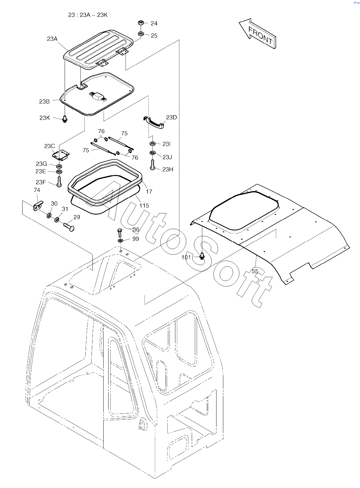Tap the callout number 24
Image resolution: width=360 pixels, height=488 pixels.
tap(154, 24)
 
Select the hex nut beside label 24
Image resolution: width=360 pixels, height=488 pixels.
tap(140, 23)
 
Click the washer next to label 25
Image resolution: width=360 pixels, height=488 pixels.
tap(141, 34)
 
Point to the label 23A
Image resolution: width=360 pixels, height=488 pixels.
tap(52, 39)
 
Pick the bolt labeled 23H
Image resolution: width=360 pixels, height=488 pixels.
tap(152, 164)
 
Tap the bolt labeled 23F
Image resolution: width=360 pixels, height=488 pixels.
tap(59, 181)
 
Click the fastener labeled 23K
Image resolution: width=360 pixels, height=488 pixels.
tap(65, 118)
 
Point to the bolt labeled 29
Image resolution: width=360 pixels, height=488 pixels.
tap(69, 226)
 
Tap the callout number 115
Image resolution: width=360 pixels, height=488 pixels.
tap(144, 205)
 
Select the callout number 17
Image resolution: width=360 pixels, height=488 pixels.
tap(149, 191)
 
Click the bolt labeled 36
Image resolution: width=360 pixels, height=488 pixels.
tap(120, 232)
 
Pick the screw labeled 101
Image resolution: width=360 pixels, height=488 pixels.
tap(202, 256)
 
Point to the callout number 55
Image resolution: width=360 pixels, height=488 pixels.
tap(255, 271)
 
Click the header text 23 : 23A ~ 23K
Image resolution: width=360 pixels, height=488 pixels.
tap(88, 15)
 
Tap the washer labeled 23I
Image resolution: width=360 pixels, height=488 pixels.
tap(153, 144)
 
